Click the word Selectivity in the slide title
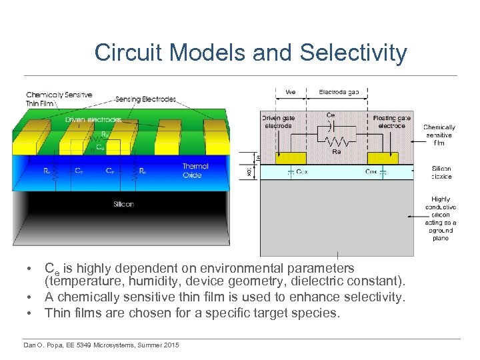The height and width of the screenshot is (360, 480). [353, 53]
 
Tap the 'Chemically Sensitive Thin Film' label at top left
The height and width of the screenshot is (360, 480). [59, 99]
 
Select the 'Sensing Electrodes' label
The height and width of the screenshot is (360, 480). [145, 99]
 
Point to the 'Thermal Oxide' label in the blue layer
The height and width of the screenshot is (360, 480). [195, 171]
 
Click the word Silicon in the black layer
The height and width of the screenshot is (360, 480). [123, 204]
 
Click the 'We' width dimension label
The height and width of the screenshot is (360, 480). [291, 92]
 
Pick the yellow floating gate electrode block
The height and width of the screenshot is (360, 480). [381, 158]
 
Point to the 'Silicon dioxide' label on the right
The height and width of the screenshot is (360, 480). [441, 173]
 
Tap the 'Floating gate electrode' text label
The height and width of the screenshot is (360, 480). [391, 121]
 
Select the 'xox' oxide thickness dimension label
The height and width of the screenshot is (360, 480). [250, 171]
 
